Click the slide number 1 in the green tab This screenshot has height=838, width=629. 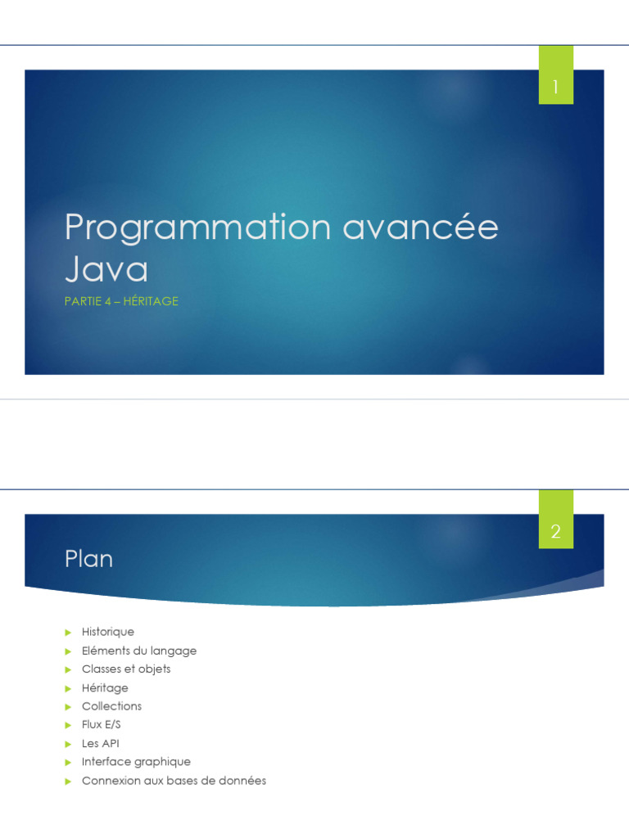click(x=555, y=87)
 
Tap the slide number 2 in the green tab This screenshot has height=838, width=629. click(x=555, y=532)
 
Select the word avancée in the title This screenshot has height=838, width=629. click(x=420, y=227)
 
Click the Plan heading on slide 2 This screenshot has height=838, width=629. click(x=88, y=559)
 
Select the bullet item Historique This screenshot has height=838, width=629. click(x=108, y=632)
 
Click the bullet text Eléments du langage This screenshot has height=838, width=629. click(x=139, y=651)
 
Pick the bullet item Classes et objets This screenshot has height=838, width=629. click(x=126, y=669)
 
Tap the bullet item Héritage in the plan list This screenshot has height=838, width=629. click(x=105, y=688)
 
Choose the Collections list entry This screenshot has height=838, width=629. click(x=111, y=706)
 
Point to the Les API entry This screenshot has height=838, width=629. click(x=100, y=744)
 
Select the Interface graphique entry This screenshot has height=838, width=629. click(x=136, y=762)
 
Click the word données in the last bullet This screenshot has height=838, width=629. click(x=242, y=781)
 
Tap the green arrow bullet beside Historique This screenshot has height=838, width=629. click(x=69, y=632)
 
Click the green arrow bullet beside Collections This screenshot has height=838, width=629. click(x=69, y=706)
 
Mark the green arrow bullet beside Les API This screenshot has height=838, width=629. click(x=69, y=744)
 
